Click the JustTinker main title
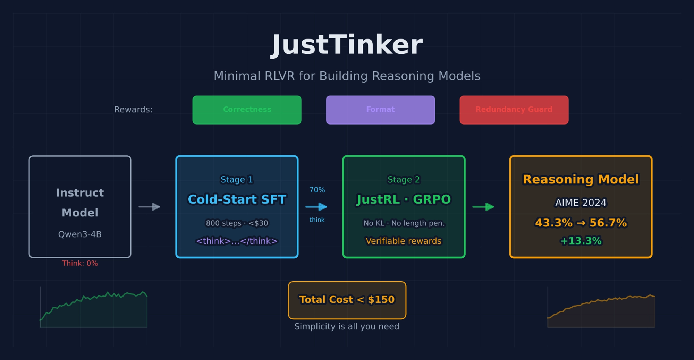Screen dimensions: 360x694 coord(347,45)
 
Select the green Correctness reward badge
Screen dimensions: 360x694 coord(247,110)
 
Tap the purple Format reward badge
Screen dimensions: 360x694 coord(380,110)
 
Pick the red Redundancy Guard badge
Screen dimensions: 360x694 coord(514,110)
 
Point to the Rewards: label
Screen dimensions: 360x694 coord(133,110)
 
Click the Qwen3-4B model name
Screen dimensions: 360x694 coord(80,234)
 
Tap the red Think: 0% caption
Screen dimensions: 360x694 coord(80,263)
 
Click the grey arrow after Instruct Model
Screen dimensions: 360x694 coord(150,207)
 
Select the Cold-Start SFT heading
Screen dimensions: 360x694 coord(237,199)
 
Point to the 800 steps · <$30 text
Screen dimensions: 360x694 coord(237,223)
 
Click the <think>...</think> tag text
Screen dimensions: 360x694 coord(237,241)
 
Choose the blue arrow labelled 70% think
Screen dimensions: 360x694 coord(316,207)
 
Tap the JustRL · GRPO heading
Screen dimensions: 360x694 coord(404,199)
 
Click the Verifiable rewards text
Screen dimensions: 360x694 coord(404,241)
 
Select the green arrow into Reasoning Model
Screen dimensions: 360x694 coord(483,207)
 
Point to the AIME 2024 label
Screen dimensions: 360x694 coord(581,203)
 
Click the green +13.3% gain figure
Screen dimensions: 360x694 coord(581,241)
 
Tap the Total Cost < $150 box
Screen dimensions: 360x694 coord(347,300)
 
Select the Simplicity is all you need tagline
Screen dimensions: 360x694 coord(347,326)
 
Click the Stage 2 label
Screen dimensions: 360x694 coord(404,180)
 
